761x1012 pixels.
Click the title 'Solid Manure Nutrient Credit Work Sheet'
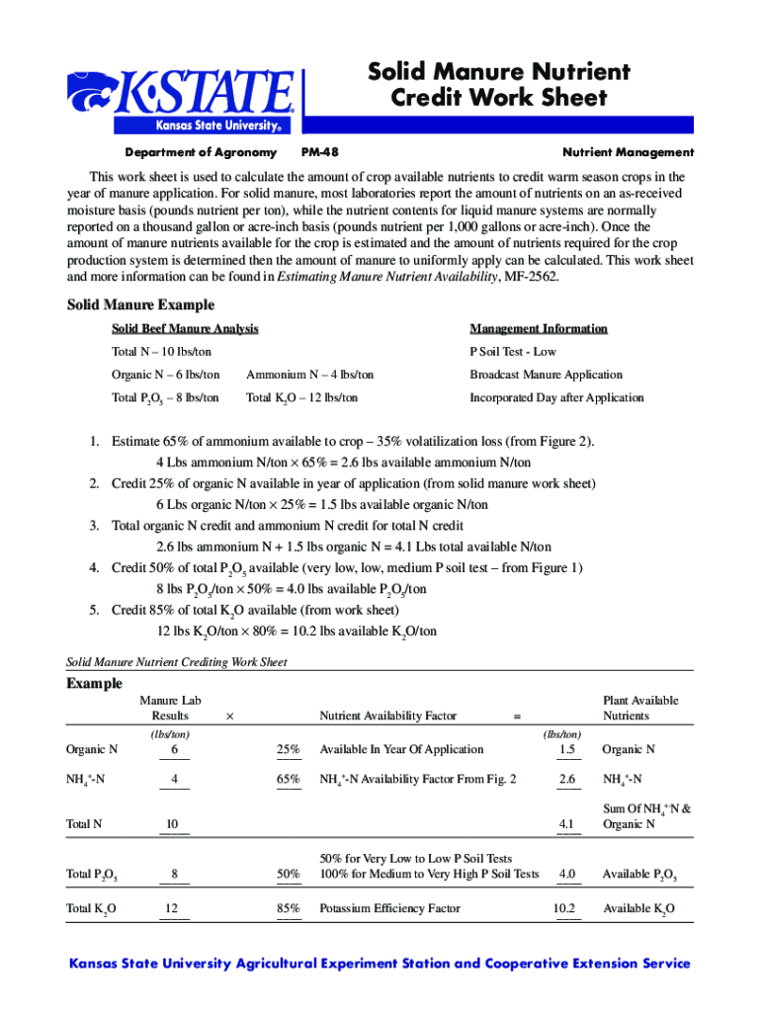click(498, 85)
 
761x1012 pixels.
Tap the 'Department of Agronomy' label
click(201, 152)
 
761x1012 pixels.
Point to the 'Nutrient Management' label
click(628, 152)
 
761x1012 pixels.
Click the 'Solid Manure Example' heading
click(140, 304)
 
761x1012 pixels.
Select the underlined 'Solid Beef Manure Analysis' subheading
click(185, 328)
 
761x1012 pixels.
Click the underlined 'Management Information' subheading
click(539, 328)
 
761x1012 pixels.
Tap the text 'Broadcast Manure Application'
click(546, 375)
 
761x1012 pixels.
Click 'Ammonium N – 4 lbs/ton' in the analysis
click(310, 375)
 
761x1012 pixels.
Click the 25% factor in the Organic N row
click(289, 750)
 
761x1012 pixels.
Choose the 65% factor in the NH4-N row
click(289, 780)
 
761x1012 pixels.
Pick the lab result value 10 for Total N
click(172, 824)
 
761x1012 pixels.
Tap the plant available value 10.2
click(563, 908)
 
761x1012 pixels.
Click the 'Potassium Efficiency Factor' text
click(390, 908)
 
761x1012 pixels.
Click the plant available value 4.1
click(566, 824)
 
